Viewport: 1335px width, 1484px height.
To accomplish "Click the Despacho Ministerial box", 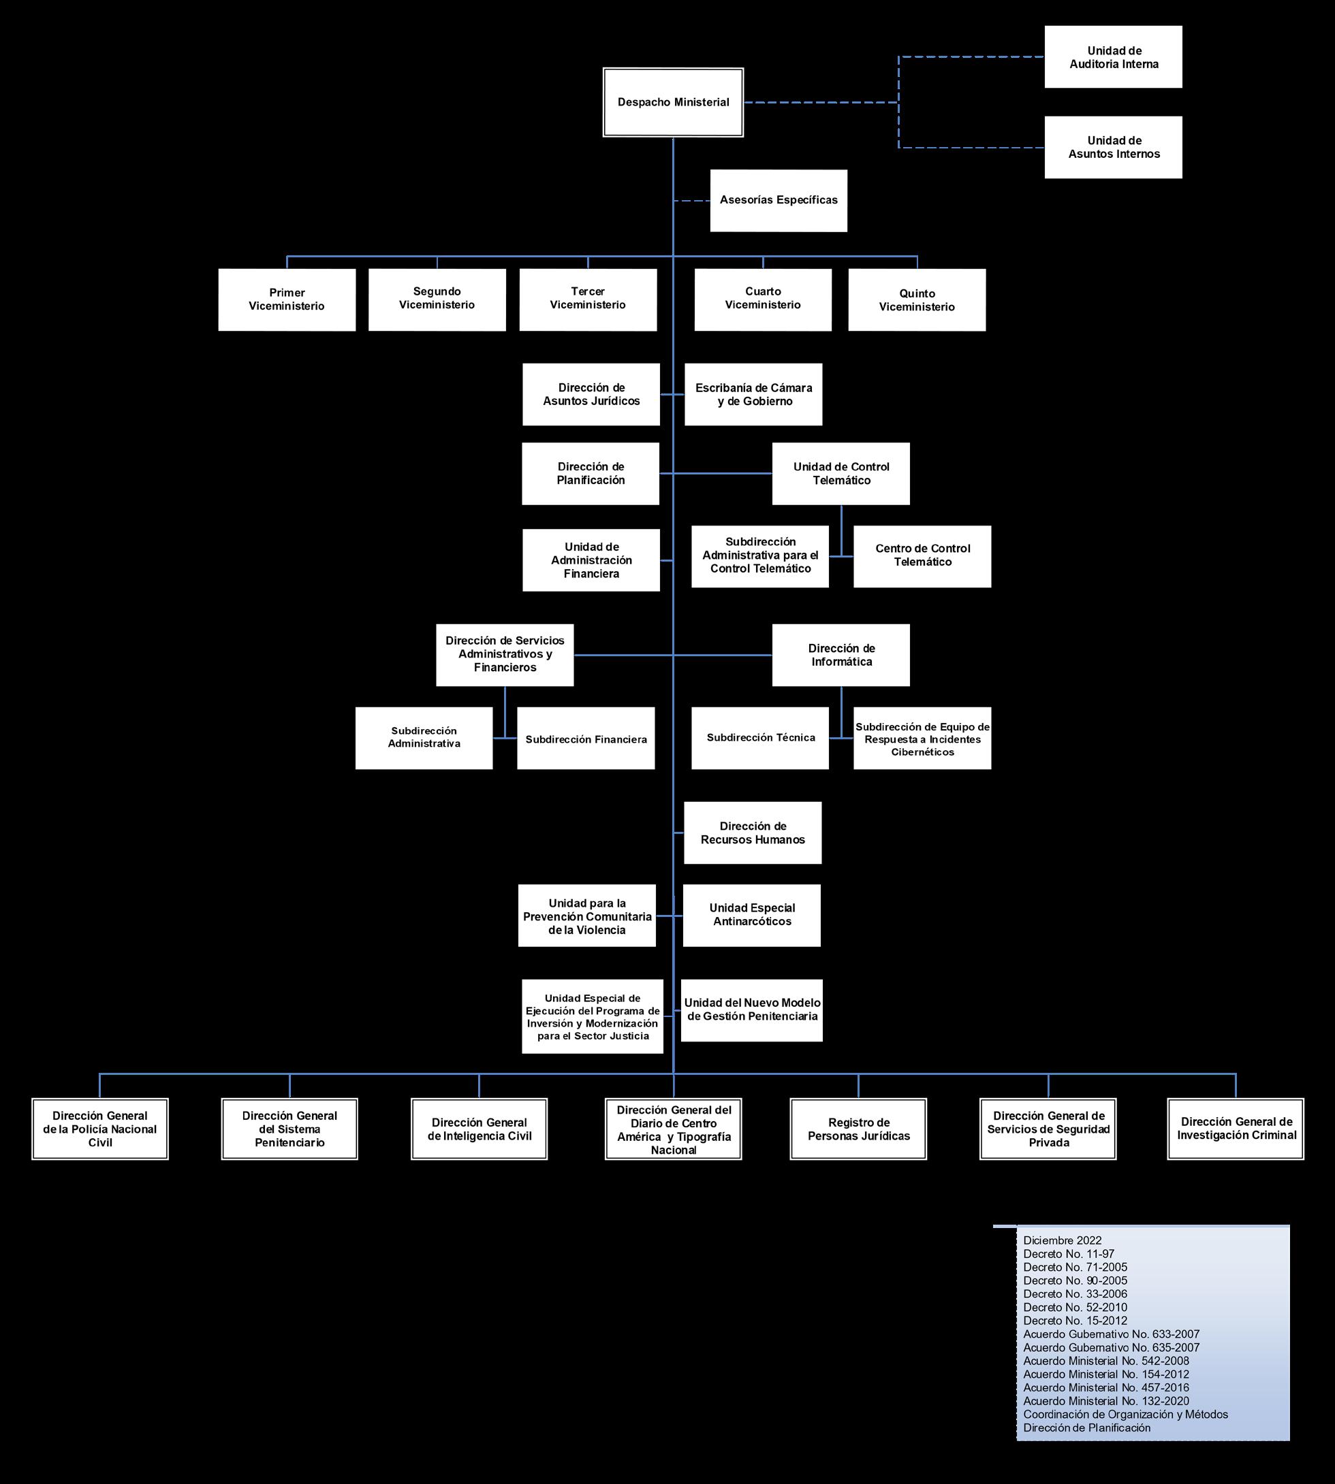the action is [673, 103].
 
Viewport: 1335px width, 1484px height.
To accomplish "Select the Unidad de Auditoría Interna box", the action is [1113, 57].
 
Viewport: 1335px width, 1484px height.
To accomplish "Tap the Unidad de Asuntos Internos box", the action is [1113, 147].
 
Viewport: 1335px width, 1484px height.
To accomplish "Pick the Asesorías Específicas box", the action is [779, 200].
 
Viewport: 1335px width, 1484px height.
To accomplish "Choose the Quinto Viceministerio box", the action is [917, 300].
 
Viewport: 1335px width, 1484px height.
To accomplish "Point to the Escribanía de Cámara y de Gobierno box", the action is [753, 394].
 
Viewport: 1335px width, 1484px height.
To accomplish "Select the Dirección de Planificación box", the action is [591, 474].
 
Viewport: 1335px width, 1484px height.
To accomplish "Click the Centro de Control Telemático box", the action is [922, 555].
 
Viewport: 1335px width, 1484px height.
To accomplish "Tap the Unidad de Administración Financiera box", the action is [591, 560].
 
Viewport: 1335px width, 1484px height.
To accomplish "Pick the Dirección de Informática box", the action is [841, 655].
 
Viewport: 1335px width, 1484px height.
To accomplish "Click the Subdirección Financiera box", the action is [585, 739].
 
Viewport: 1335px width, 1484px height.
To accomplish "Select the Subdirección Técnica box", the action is [760, 738].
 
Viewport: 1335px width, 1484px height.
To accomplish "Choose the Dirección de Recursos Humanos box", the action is [753, 833].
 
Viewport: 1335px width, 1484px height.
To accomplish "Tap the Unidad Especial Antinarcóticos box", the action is [752, 915].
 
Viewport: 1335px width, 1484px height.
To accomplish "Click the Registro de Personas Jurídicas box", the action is [858, 1129].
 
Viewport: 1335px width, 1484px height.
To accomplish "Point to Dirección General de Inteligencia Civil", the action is [479, 1129].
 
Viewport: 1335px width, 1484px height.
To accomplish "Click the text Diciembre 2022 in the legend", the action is [1062, 1240].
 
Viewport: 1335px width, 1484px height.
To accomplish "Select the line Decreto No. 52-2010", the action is [1075, 1307].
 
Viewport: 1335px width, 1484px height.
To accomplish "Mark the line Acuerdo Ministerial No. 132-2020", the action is [1106, 1401].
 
